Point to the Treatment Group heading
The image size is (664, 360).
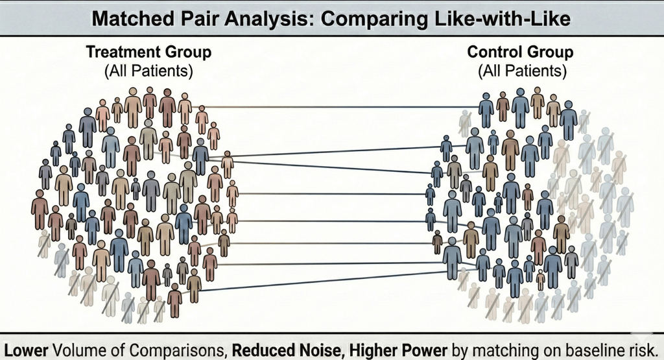click(149, 52)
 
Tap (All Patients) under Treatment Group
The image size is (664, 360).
click(149, 70)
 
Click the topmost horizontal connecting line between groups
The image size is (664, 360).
click(337, 106)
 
